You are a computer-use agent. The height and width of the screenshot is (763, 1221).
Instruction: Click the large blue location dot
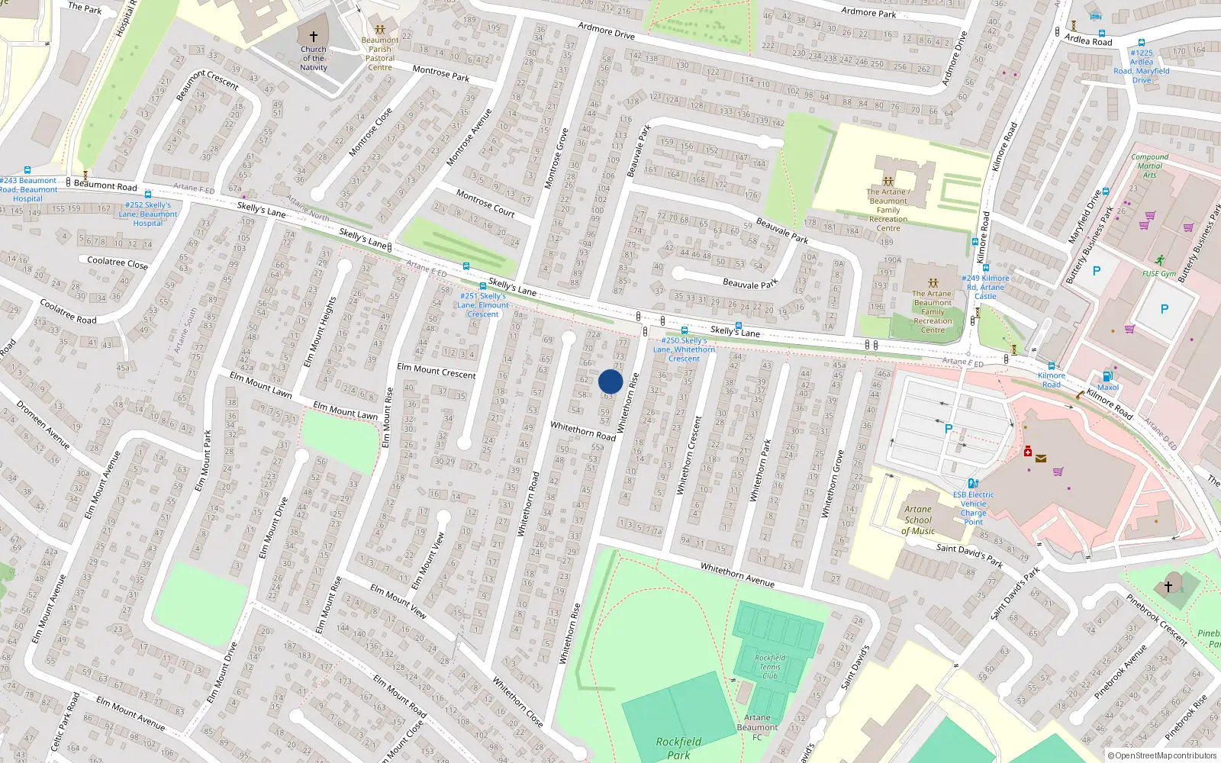[x=610, y=381]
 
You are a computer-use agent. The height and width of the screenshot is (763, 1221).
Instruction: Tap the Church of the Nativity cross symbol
[x=313, y=37]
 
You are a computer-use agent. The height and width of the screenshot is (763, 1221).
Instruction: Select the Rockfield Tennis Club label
[x=770, y=666]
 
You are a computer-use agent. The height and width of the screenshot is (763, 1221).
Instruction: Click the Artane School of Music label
[x=918, y=520]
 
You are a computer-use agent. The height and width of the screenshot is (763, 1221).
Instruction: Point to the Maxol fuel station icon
[x=1107, y=376]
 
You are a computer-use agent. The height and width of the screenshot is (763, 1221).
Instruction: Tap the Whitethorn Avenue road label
[x=737, y=575]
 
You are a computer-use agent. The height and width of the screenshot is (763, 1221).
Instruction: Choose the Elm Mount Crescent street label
[x=436, y=371]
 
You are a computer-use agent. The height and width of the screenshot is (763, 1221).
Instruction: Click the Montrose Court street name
[x=485, y=204]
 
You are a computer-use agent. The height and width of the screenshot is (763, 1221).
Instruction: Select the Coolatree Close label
[x=118, y=262]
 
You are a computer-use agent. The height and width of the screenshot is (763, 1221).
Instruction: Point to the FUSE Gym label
[x=1159, y=274]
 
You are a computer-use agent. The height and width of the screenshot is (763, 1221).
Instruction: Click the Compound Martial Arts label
[x=1149, y=166]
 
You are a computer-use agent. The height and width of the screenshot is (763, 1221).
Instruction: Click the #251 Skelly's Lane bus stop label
[x=482, y=304]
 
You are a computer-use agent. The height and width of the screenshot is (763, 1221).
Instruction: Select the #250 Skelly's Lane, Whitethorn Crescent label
[x=684, y=349]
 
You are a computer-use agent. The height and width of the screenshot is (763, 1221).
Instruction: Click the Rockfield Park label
[x=678, y=748]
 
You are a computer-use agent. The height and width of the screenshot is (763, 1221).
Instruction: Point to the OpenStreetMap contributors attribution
[x=1161, y=755]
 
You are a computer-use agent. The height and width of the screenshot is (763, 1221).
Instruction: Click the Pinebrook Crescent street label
[x=1157, y=620]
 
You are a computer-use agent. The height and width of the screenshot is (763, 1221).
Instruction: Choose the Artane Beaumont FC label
[x=757, y=727]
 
